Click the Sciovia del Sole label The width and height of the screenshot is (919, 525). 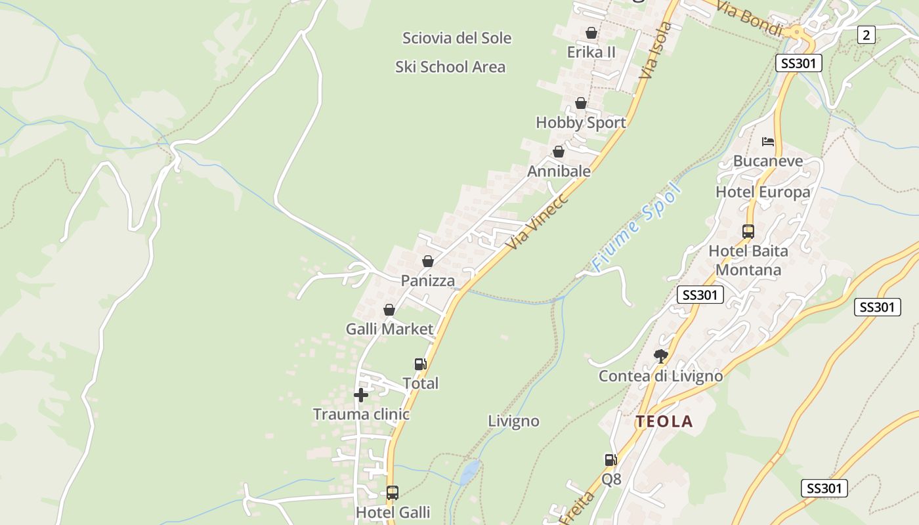coord(456,38)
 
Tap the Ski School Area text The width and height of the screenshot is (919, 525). coord(450,67)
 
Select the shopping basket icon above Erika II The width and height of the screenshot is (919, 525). coord(591,33)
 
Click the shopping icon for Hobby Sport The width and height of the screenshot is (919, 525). coord(580,103)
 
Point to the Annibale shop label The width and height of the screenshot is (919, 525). coord(559,171)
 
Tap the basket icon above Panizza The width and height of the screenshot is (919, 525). coord(428,261)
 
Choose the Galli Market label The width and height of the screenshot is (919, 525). coord(390,329)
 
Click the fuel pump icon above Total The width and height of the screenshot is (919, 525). coord(420,364)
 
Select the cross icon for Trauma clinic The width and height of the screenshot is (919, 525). coord(360,395)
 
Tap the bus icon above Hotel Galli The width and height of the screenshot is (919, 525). coord(392,492)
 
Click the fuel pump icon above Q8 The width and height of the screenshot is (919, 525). coord(610,460)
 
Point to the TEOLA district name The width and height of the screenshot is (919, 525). coord(664,422)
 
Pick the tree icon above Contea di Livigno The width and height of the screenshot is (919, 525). coord(660,356)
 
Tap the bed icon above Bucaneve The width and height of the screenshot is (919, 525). coord(767,142)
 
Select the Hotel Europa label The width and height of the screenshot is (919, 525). coord(763,192)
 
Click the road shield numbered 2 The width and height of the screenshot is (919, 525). coord(866,35)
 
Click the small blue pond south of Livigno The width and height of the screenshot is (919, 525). coord(469,472)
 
